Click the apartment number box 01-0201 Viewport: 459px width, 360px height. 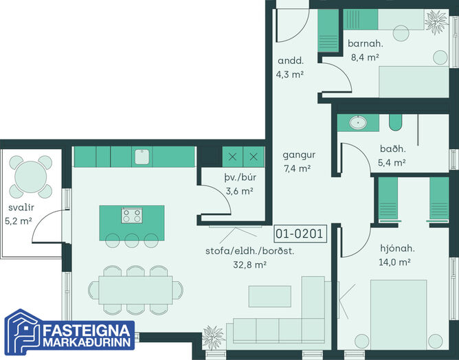[300, 234]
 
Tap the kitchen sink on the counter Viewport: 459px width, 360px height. [142, 157]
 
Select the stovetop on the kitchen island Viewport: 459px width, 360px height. [132, 216]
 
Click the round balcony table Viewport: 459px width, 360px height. [31, 177]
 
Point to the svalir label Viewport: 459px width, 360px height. [21, 207]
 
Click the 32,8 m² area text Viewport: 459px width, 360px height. [249, 265]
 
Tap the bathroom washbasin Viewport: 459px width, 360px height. [358, 122]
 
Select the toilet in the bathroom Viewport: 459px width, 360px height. [395, 122]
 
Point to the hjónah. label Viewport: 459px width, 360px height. [397, 249]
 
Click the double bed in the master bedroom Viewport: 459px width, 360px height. [399, 315]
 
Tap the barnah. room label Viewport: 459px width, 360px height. [366, 43]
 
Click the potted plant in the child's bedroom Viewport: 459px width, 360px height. [436, 21]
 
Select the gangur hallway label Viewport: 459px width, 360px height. [299, 155]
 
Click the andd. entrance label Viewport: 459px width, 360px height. [291, 60]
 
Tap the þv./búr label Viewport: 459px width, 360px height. [240, 177]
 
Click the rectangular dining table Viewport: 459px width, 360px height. [135, 290]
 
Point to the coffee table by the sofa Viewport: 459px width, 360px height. [270, 296]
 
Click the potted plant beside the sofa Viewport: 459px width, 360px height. [213, 337]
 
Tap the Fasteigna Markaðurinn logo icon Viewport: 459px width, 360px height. [22, 332]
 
